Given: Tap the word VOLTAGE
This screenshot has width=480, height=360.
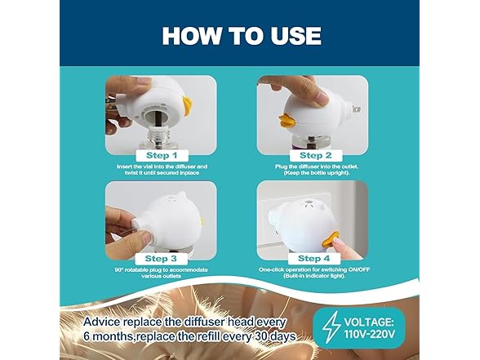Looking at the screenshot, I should tap(395, 321).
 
